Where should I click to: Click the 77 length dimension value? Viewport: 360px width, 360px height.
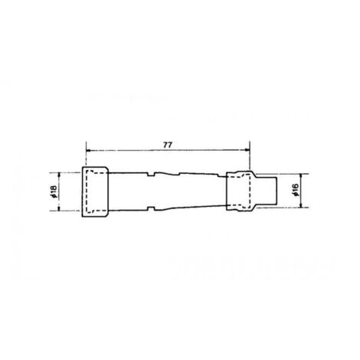point(168,145)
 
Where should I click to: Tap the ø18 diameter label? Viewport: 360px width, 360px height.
point(54,191)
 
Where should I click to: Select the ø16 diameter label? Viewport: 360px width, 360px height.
point(296,190)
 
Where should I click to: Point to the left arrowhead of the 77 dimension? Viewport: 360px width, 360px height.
point(89,150)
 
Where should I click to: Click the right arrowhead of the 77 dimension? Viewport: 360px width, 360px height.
point(247,150)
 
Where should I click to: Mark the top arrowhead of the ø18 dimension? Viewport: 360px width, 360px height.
point(59,175)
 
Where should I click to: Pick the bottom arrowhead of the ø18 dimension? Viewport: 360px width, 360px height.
point(59,208)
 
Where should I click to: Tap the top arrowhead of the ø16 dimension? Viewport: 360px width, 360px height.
point(301,176)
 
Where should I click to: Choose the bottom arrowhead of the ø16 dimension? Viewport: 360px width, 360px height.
point(301,205)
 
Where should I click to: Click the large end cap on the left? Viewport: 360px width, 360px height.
point(95,191)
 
